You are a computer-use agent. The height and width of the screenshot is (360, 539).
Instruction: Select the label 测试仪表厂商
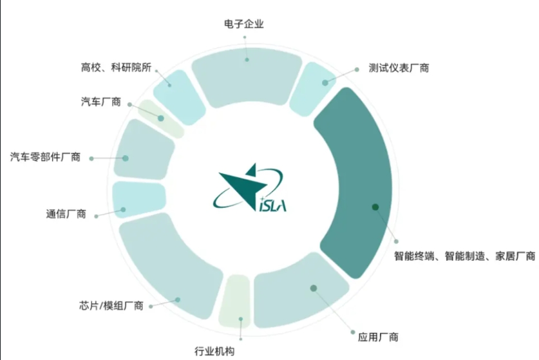399,68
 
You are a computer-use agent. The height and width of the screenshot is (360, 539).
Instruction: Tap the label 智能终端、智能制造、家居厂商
464,256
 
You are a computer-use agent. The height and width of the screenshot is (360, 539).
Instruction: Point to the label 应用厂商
378,336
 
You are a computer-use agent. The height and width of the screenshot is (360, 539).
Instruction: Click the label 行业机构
214,351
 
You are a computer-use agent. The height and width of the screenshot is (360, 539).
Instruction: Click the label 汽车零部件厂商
46,157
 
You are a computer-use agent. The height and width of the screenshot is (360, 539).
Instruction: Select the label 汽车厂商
101,102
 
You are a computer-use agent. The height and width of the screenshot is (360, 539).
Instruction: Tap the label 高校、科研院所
116,67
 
